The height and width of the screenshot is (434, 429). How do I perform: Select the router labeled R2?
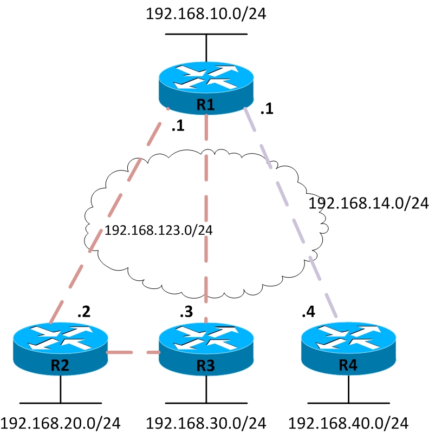[x=60, y=349]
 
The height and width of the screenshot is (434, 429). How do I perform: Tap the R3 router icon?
[x=206, y=349]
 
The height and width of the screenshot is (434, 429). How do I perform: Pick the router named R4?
[x=347, y=349]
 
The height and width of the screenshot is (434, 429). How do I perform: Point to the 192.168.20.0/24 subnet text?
[x=60, y=422]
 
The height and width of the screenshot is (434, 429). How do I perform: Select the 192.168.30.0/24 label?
[x=206, y=422]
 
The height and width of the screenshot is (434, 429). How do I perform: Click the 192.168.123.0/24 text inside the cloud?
[x=158, y=230]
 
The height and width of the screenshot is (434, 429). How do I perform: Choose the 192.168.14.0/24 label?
[x=368, y=203]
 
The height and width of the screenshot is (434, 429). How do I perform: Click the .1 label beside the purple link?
[x=266, y=110]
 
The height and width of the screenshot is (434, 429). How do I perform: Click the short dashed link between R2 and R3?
[x=133, y=353]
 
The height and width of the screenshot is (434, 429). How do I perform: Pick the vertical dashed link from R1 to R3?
[x=206, y=216]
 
